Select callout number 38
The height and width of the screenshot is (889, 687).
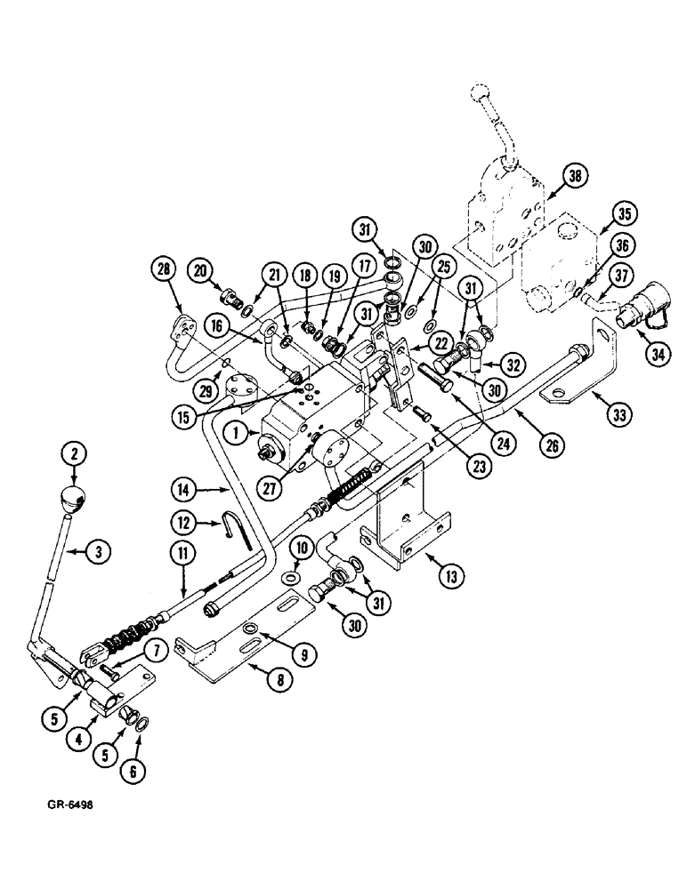tap(575, 178)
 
